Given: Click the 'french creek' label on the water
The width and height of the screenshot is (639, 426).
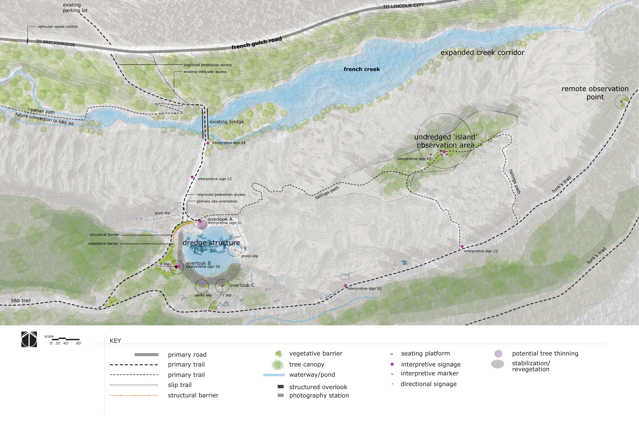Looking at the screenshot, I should point(362,69).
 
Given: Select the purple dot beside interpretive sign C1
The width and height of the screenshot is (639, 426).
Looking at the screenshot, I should point(192,177).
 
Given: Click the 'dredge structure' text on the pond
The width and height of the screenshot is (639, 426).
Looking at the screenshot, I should point(211,243).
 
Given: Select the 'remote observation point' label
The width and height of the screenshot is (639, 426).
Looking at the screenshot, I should point(595,93).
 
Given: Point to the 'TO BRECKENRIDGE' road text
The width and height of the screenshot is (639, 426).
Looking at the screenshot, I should point(56,43).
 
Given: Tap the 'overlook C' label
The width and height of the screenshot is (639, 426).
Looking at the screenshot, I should point(242,285).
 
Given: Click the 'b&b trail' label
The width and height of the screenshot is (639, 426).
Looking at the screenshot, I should point(21,300).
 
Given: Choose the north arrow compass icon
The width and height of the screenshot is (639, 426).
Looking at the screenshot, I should point(29,339).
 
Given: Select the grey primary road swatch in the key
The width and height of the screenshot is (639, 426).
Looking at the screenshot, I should point(146,355).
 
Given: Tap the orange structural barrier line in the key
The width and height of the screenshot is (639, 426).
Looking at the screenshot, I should point(134,395).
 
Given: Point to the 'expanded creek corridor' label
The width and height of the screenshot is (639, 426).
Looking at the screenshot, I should point(482,52).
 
